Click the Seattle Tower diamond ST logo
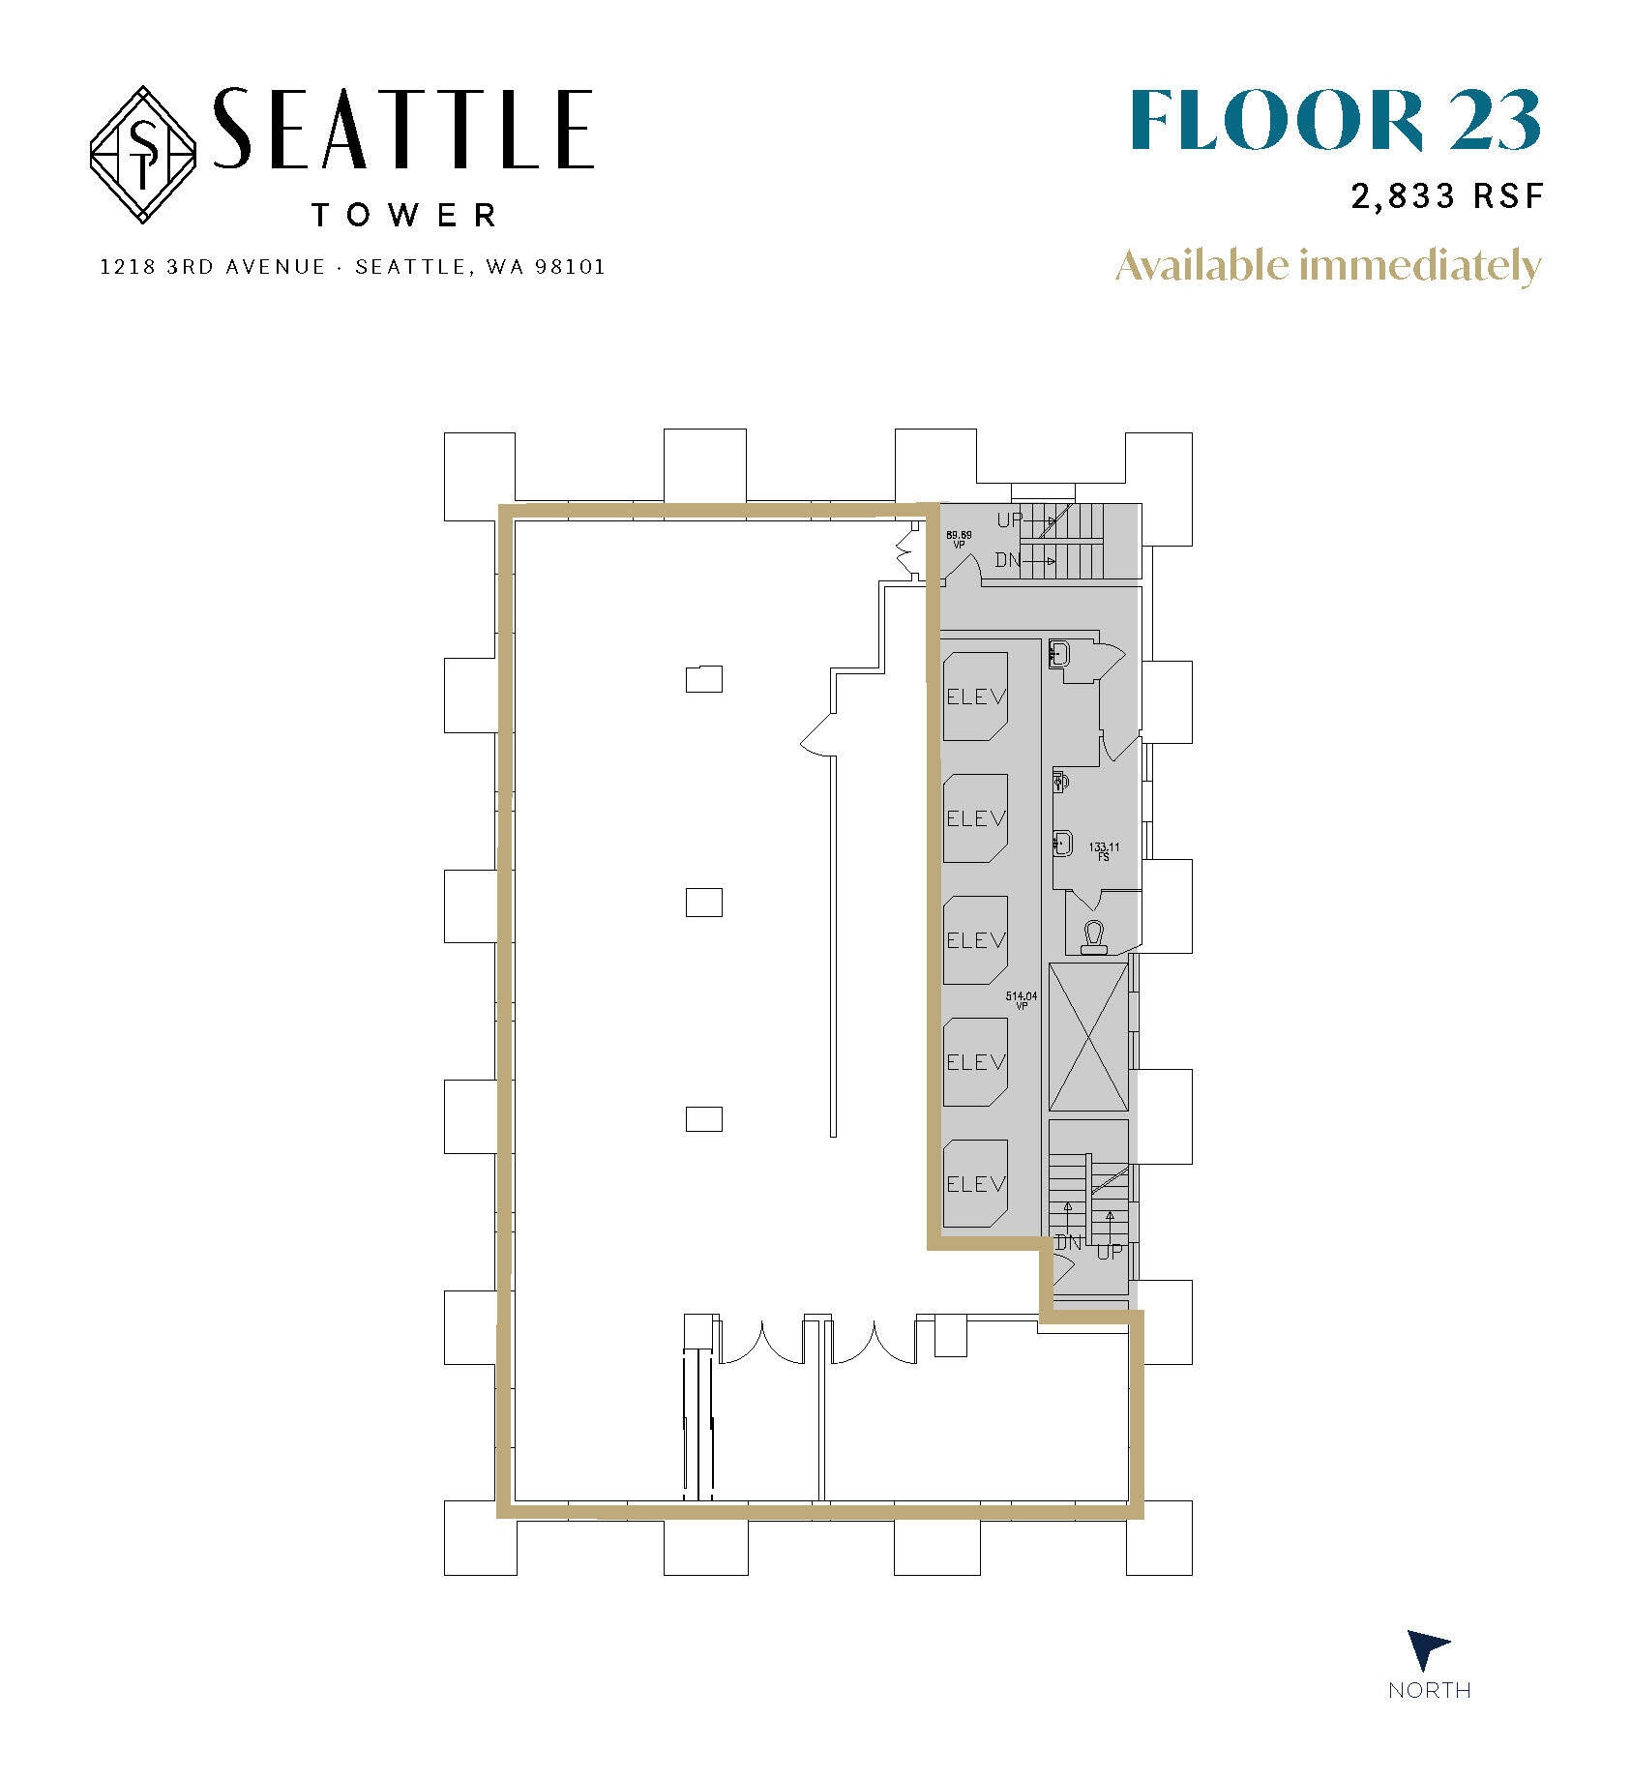tap(143, 155)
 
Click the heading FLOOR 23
tap(1334, 121)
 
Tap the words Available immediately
tap(1327, 265)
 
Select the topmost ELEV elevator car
tap(975, 697)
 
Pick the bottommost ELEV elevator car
tap(975, 1183)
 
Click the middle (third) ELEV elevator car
tap(975, 939)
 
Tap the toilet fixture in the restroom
tap(1094, 937)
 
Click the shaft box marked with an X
tap(1088, 1036)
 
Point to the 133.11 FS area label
tap(1103, 851)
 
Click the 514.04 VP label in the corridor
tap(1022, 1000)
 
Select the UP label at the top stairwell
tap(1009, 520)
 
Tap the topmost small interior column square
tap(703, 679)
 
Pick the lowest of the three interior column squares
tap(703, 1118)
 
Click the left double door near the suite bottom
tap(762, 1341)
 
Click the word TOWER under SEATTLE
tap(404, 215)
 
